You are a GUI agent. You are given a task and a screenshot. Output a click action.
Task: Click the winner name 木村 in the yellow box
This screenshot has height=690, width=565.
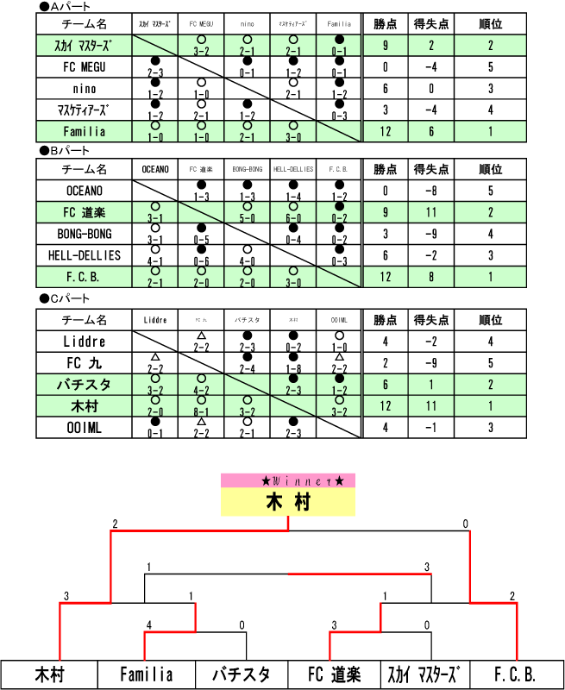click(x=288, y=502)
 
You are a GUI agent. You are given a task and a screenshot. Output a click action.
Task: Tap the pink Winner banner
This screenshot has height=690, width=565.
click(x=288, y=480)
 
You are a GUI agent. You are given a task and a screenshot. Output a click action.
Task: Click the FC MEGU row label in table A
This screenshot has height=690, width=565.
click(x=85, y=67)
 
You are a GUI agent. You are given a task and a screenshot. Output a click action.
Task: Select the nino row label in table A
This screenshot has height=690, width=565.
click(x=85, y=89)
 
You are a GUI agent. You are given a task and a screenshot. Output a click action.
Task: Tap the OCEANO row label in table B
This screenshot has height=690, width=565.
click(x=85, y=191)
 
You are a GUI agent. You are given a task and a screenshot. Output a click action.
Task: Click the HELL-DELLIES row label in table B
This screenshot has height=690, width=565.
click(x=85, y=255)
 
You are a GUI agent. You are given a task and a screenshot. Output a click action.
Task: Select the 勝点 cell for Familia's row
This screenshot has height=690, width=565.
click(x=386, y=131)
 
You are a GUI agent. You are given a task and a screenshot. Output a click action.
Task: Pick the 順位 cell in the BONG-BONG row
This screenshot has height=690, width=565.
click(x=490, y=234)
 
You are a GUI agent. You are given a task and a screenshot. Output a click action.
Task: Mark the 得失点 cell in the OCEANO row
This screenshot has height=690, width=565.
click(x=430, y=191)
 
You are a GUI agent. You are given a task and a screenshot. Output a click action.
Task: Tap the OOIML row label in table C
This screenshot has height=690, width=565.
click(x=85, y=427)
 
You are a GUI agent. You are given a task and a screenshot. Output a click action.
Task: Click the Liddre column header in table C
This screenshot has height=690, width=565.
click(x=155, y=320)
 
